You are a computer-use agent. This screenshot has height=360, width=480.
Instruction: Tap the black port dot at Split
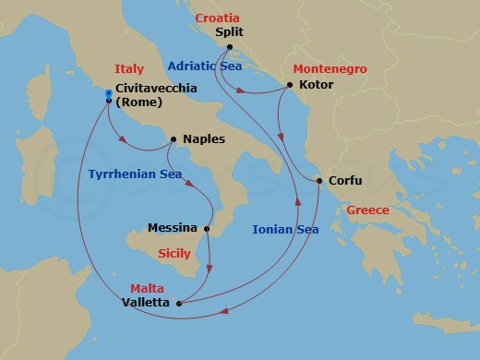click(228, 48)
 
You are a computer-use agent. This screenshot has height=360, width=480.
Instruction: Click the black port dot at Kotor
click(290, 86)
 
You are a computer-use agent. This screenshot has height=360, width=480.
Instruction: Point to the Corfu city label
click(345, 181)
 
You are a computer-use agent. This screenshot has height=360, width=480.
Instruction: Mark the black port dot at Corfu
click(319, 181)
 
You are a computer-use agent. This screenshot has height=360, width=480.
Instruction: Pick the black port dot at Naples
click(174, 140)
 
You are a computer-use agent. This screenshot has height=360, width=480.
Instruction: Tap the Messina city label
click(172, 227)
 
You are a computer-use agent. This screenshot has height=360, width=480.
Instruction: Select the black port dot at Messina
click(208, 228)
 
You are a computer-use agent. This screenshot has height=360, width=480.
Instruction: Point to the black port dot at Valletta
click(179, 302)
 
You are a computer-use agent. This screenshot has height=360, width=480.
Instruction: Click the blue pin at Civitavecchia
click(109, 94)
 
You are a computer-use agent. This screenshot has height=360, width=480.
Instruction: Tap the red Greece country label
click(367, 210)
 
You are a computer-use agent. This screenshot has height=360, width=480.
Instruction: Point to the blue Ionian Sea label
click(286, 230)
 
